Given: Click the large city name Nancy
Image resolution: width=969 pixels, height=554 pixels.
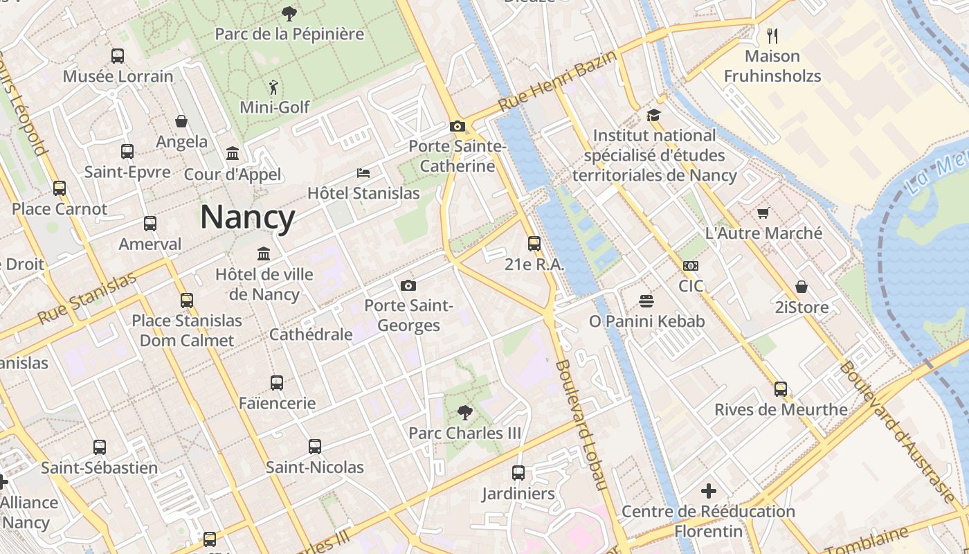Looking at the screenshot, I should coord(247,217).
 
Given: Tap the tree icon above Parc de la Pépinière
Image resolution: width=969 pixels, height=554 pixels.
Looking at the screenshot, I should coord(289,13).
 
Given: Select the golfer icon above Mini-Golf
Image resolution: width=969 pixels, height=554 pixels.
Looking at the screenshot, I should coord(274,87).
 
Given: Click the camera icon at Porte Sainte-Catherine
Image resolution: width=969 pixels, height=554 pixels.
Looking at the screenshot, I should coord(457,126).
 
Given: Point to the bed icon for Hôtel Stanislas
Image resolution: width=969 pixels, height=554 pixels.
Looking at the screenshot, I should coord(363,172).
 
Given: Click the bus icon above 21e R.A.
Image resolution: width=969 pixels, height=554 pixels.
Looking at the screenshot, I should coord(534,244).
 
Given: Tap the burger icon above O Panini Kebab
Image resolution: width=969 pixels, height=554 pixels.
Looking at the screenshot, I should coord(646,301).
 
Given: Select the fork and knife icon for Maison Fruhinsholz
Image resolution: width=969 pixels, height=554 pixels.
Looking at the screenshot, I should coord(772,35).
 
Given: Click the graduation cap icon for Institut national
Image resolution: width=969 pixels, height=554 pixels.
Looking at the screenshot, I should coord(654,115).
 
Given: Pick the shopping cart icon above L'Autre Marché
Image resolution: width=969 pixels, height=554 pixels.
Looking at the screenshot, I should coord(763,213).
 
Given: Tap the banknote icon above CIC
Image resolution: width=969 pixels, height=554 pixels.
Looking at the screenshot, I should coord(690,266).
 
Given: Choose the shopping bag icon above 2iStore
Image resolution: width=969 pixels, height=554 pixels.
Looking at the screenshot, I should coord(801,287).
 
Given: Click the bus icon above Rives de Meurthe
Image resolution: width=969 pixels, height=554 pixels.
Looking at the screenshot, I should coord(781,389).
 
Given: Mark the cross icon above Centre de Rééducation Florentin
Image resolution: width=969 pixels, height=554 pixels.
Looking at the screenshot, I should coord(708,491).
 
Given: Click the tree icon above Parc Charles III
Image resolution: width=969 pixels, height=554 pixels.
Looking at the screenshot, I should coord(464,413).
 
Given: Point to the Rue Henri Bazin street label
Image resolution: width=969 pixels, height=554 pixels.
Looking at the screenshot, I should coord(556,81).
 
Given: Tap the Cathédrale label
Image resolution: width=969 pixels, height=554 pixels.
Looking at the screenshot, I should coord(311,334).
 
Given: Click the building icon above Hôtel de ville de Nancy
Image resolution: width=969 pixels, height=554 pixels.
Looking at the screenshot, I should coord(263,254).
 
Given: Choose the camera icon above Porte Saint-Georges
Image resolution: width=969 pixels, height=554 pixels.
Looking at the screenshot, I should coord(408,285).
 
